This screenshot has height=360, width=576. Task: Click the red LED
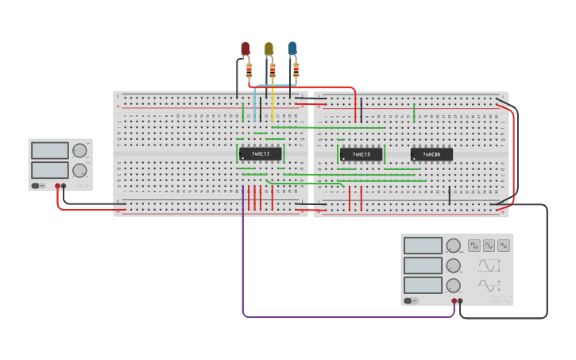click(x=245, y=48)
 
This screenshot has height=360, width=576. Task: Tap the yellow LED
click(x=269, y=48)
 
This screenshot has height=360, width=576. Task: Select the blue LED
click(x=292, y=48)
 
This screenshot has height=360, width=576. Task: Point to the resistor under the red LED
click(x=249, y=72)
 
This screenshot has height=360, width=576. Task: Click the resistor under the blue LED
click(x=296, y=70)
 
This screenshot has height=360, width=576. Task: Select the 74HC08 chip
click(x=431, y=154)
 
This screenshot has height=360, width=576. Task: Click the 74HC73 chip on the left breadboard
click(x=261, y=153)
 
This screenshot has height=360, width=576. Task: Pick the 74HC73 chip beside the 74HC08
click(x=361, y=154)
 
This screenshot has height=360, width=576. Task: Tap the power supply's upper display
click(x=49, y=150)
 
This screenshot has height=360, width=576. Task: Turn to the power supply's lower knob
click(x=79, y=170)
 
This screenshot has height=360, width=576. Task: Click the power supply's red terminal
click(x=57, y=186)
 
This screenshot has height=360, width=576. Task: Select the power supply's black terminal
click(x=64, y=186)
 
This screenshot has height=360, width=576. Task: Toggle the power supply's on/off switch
click(x=37, y=186)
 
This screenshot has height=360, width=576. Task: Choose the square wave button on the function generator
click(x=474, y=246)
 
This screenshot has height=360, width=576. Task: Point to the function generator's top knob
click(x=453, y=246)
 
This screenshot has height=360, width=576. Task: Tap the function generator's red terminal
click(x=454, y=301)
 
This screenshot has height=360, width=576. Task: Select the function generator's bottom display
click(x=423, y=285)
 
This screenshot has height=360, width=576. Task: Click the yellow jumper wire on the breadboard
click(x=273, y=103)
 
